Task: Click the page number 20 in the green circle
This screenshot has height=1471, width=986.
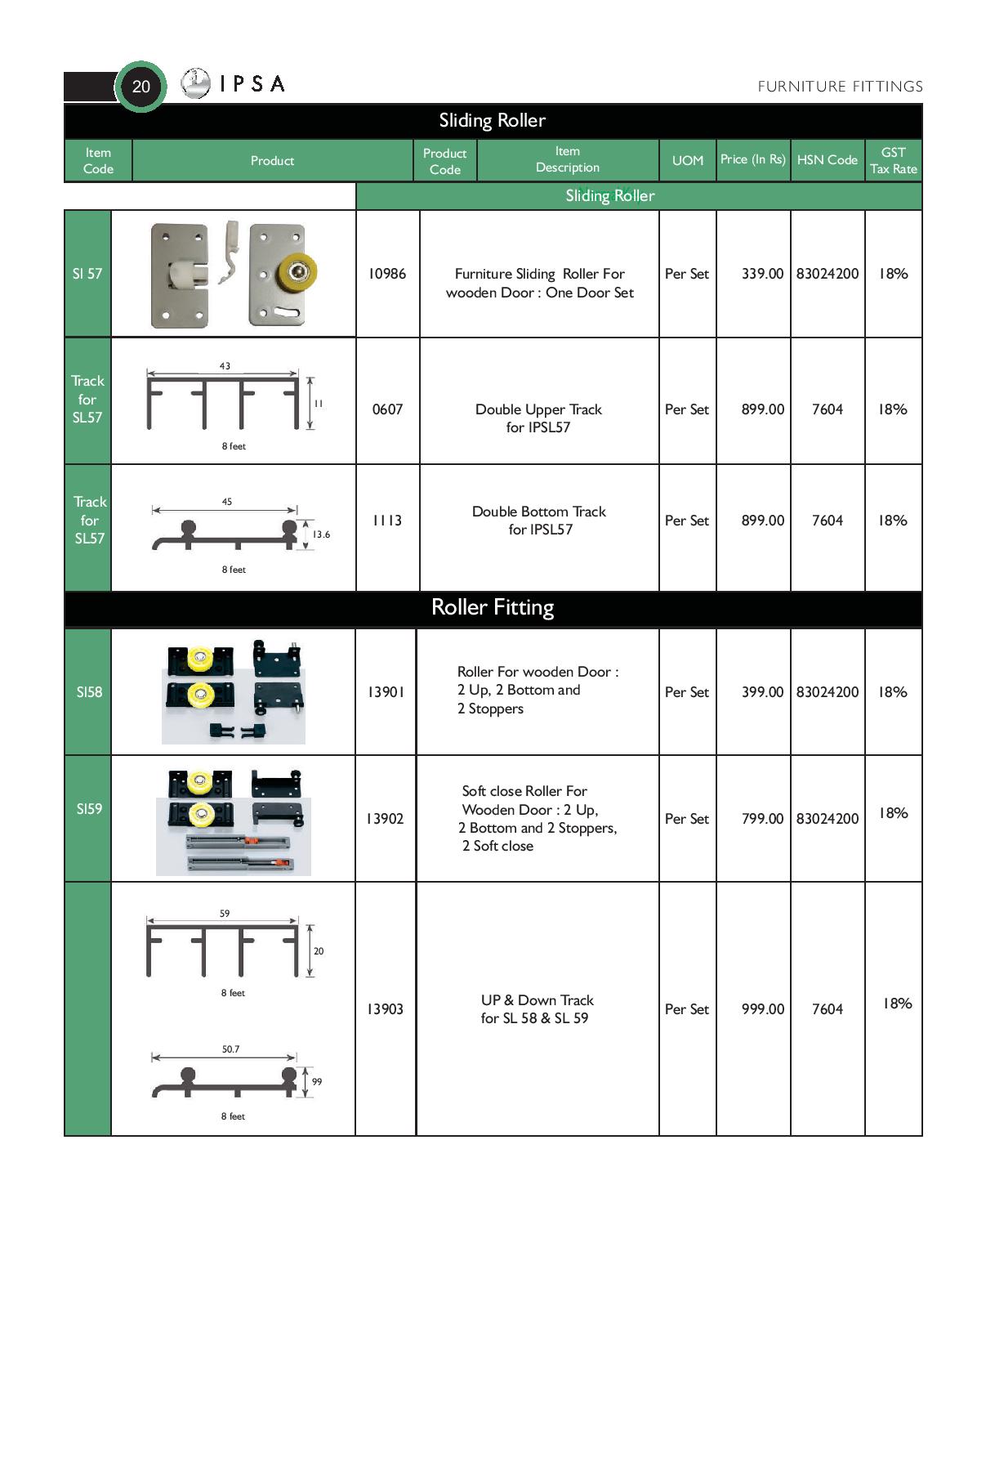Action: point(141,86)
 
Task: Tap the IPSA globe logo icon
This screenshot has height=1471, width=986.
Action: point(195,83)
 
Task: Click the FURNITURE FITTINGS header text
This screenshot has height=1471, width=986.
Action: point(840,87)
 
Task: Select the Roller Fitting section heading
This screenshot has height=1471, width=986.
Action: point(493,607)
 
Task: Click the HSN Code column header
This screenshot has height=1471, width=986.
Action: point(827,160)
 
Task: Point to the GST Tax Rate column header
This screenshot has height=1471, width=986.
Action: point(893,160)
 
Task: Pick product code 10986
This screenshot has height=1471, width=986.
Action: point(386,274)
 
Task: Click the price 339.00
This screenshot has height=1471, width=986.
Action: point(762,274)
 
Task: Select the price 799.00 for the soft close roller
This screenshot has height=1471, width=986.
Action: point(762,819)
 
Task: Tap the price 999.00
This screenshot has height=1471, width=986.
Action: point(762,1009)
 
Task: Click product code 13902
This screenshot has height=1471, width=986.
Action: point(385,819)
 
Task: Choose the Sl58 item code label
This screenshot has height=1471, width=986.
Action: point(89,692)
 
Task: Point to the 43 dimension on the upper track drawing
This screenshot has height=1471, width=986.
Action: point(225,366)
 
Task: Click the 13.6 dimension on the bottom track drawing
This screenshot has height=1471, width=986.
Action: point(321,534)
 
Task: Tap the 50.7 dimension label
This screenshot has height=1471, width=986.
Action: point(230,1049)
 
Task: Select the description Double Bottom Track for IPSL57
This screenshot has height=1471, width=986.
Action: point(539,521)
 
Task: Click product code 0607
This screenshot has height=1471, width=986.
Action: point(387,409)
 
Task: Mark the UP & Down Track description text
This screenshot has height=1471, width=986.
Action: point(537,1009)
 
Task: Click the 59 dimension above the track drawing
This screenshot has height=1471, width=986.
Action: point(225,914)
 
